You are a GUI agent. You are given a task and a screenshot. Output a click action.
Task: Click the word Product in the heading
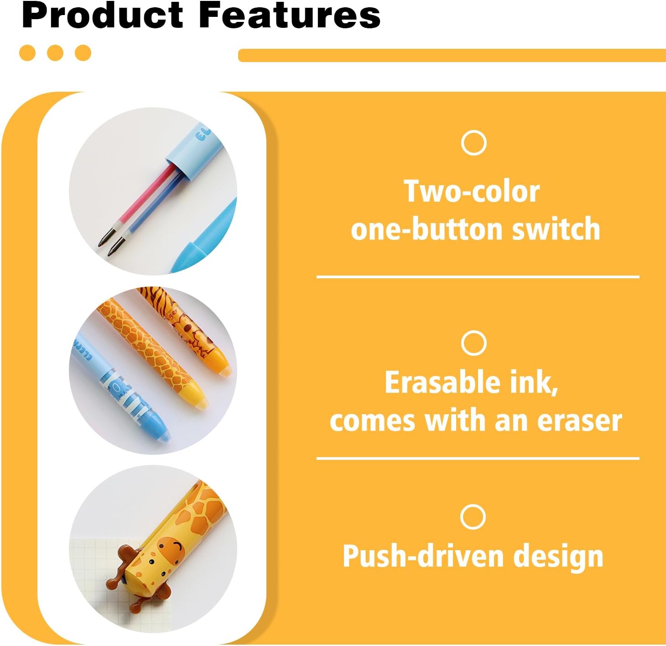(102, 16)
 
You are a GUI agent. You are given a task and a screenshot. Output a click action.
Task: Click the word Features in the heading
(290, 16)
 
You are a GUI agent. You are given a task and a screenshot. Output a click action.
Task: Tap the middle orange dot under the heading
(55, 53)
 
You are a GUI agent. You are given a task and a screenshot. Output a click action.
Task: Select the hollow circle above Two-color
(473, 143)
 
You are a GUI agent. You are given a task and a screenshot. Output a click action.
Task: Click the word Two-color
(472, 192)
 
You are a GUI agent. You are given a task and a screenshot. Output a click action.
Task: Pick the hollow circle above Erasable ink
(473, 343)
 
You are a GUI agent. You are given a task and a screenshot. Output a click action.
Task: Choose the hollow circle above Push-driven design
(473, 517)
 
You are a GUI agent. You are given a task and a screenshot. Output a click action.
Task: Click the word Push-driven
(423, 556)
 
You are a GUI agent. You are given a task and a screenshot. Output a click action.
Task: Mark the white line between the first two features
(478, 277)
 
